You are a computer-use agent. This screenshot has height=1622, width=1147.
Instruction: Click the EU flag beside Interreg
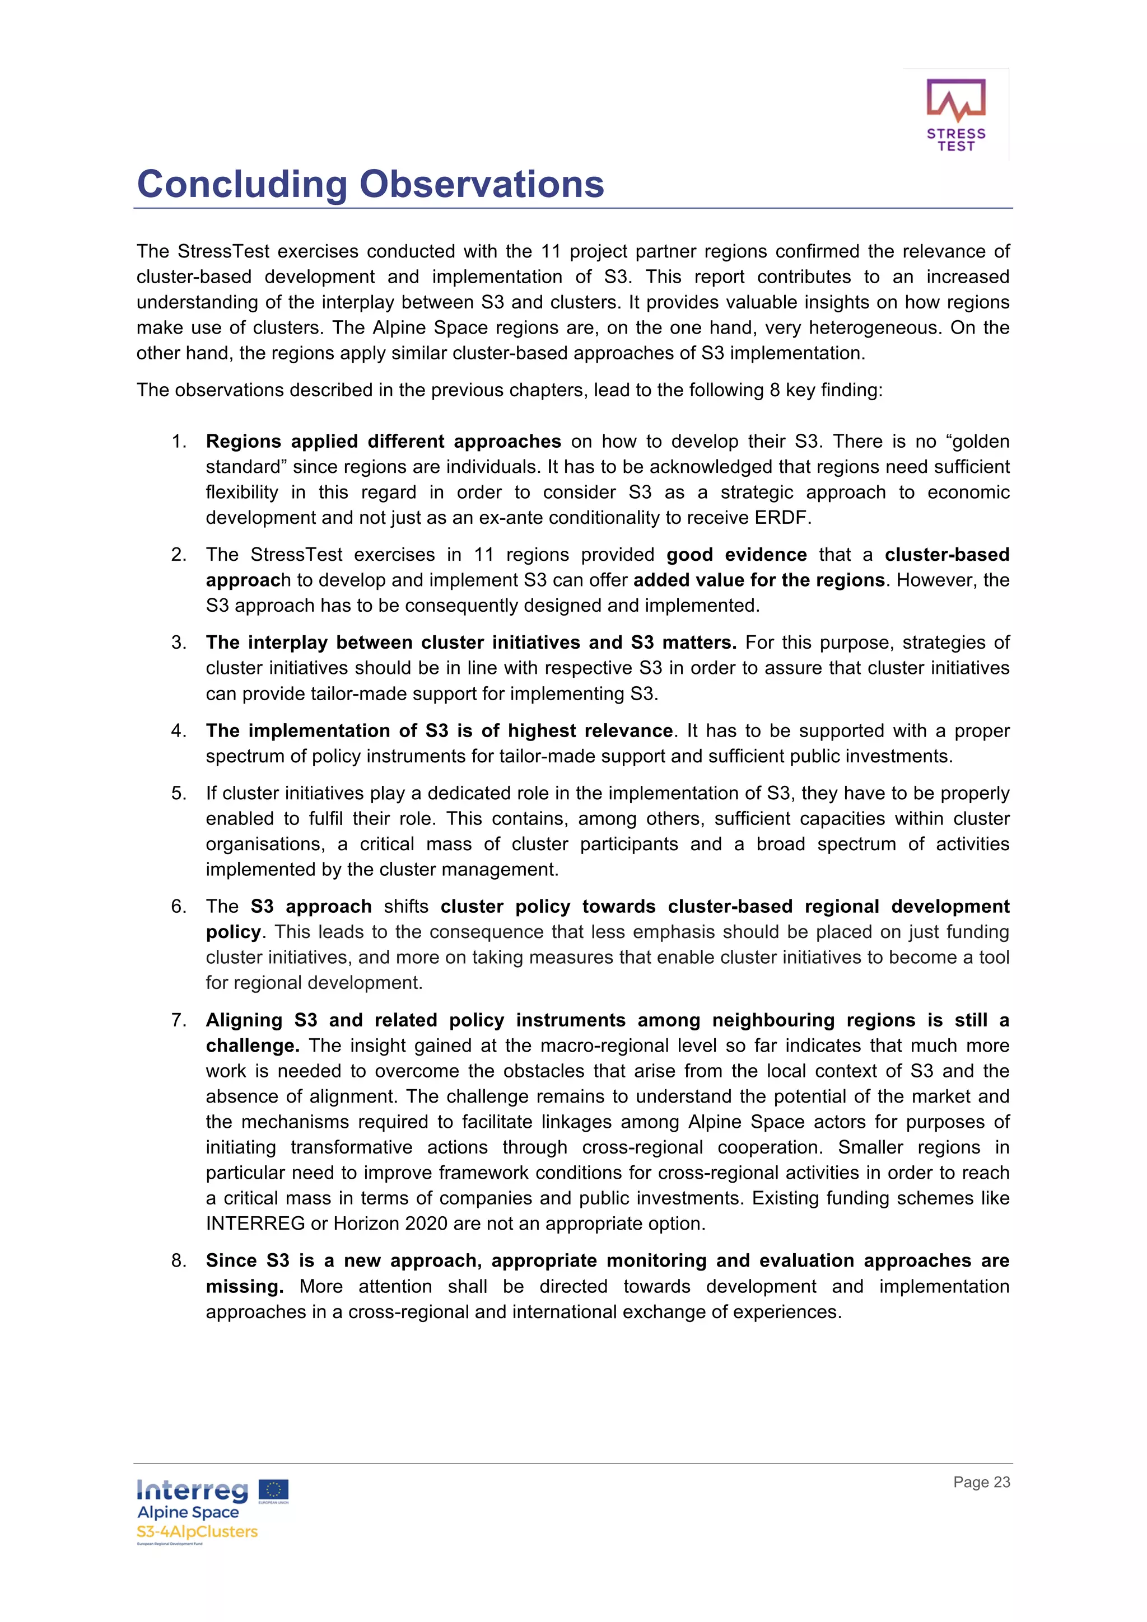[273, 1490]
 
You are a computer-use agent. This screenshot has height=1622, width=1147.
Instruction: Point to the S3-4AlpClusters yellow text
[197, 1531]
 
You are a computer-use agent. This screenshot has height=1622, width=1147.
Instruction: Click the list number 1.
[178, 442]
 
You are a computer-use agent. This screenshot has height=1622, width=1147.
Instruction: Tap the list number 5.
[178, 793]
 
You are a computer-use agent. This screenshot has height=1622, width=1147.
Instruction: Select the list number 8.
[178, 1261]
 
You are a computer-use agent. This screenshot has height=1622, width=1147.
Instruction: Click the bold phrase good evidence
[736, 555]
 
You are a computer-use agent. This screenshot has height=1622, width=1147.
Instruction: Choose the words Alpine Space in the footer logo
[188, 1512]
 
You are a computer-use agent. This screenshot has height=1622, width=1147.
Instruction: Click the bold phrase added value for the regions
[759, 580]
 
